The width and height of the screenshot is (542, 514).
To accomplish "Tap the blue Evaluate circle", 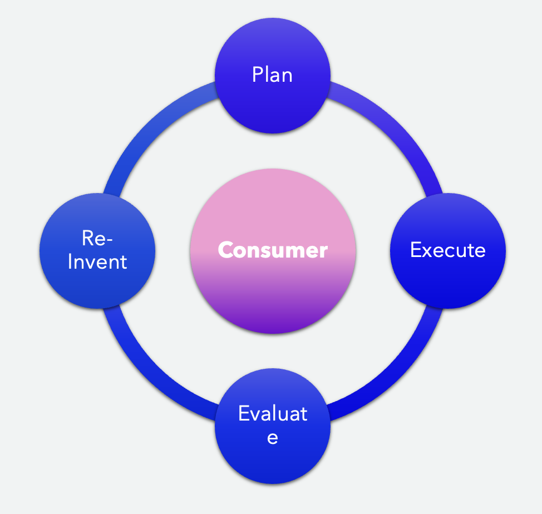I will click(x=273, y=451).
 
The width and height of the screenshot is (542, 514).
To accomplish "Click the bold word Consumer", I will click(x=273, y=250).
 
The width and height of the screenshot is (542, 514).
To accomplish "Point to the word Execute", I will click(x=448, y=250).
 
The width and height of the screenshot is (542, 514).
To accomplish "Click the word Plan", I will click(x=273, y=75).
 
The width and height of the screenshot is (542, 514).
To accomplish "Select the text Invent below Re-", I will click(x=97, y=261).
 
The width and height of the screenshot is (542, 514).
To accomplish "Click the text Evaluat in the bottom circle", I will click(x=273, y=414).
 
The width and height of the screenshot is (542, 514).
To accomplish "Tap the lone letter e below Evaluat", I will click(x=273, y=437).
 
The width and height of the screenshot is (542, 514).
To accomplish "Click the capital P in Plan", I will click(x=258, y=75).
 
